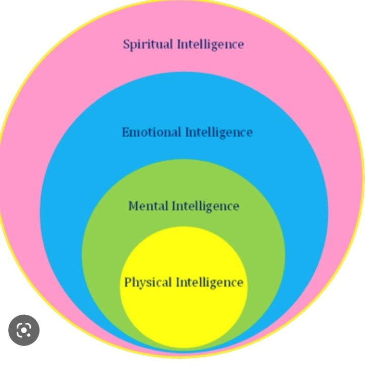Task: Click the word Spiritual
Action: click(x=148, y=44)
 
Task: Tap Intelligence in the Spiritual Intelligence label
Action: click(x=210, y=44)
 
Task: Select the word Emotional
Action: click(x=151, y=132)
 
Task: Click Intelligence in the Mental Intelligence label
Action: click(x=206, y=206)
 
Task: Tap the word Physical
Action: click(x=148, y=282)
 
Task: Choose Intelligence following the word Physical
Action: click(x=209, y=282)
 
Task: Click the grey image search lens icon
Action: click(x=24, y=331)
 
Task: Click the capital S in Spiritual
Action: click(x=126, y=44)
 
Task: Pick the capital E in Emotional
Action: click(x=126, y=132)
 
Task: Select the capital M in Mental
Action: click(x=133, y=206)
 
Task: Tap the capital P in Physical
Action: click(x=128, y=282)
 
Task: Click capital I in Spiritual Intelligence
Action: click(x=179, y=44)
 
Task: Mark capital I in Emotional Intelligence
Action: click(x=187, y=132)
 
